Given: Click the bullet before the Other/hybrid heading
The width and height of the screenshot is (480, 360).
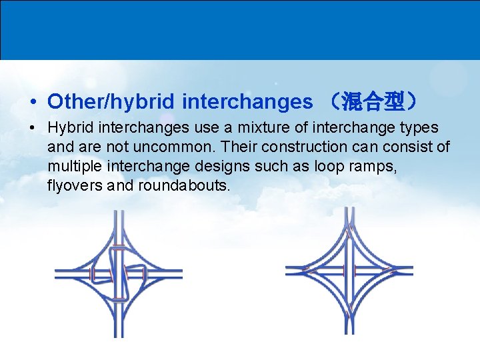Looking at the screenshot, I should point(33,103).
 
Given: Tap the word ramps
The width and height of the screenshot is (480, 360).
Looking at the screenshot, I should point(377,166).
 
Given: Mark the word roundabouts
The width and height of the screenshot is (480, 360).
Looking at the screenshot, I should point(183,185).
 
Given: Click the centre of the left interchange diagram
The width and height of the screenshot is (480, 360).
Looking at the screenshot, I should point(118,273).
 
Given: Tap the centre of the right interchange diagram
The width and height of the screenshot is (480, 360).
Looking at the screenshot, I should point(349,271).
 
